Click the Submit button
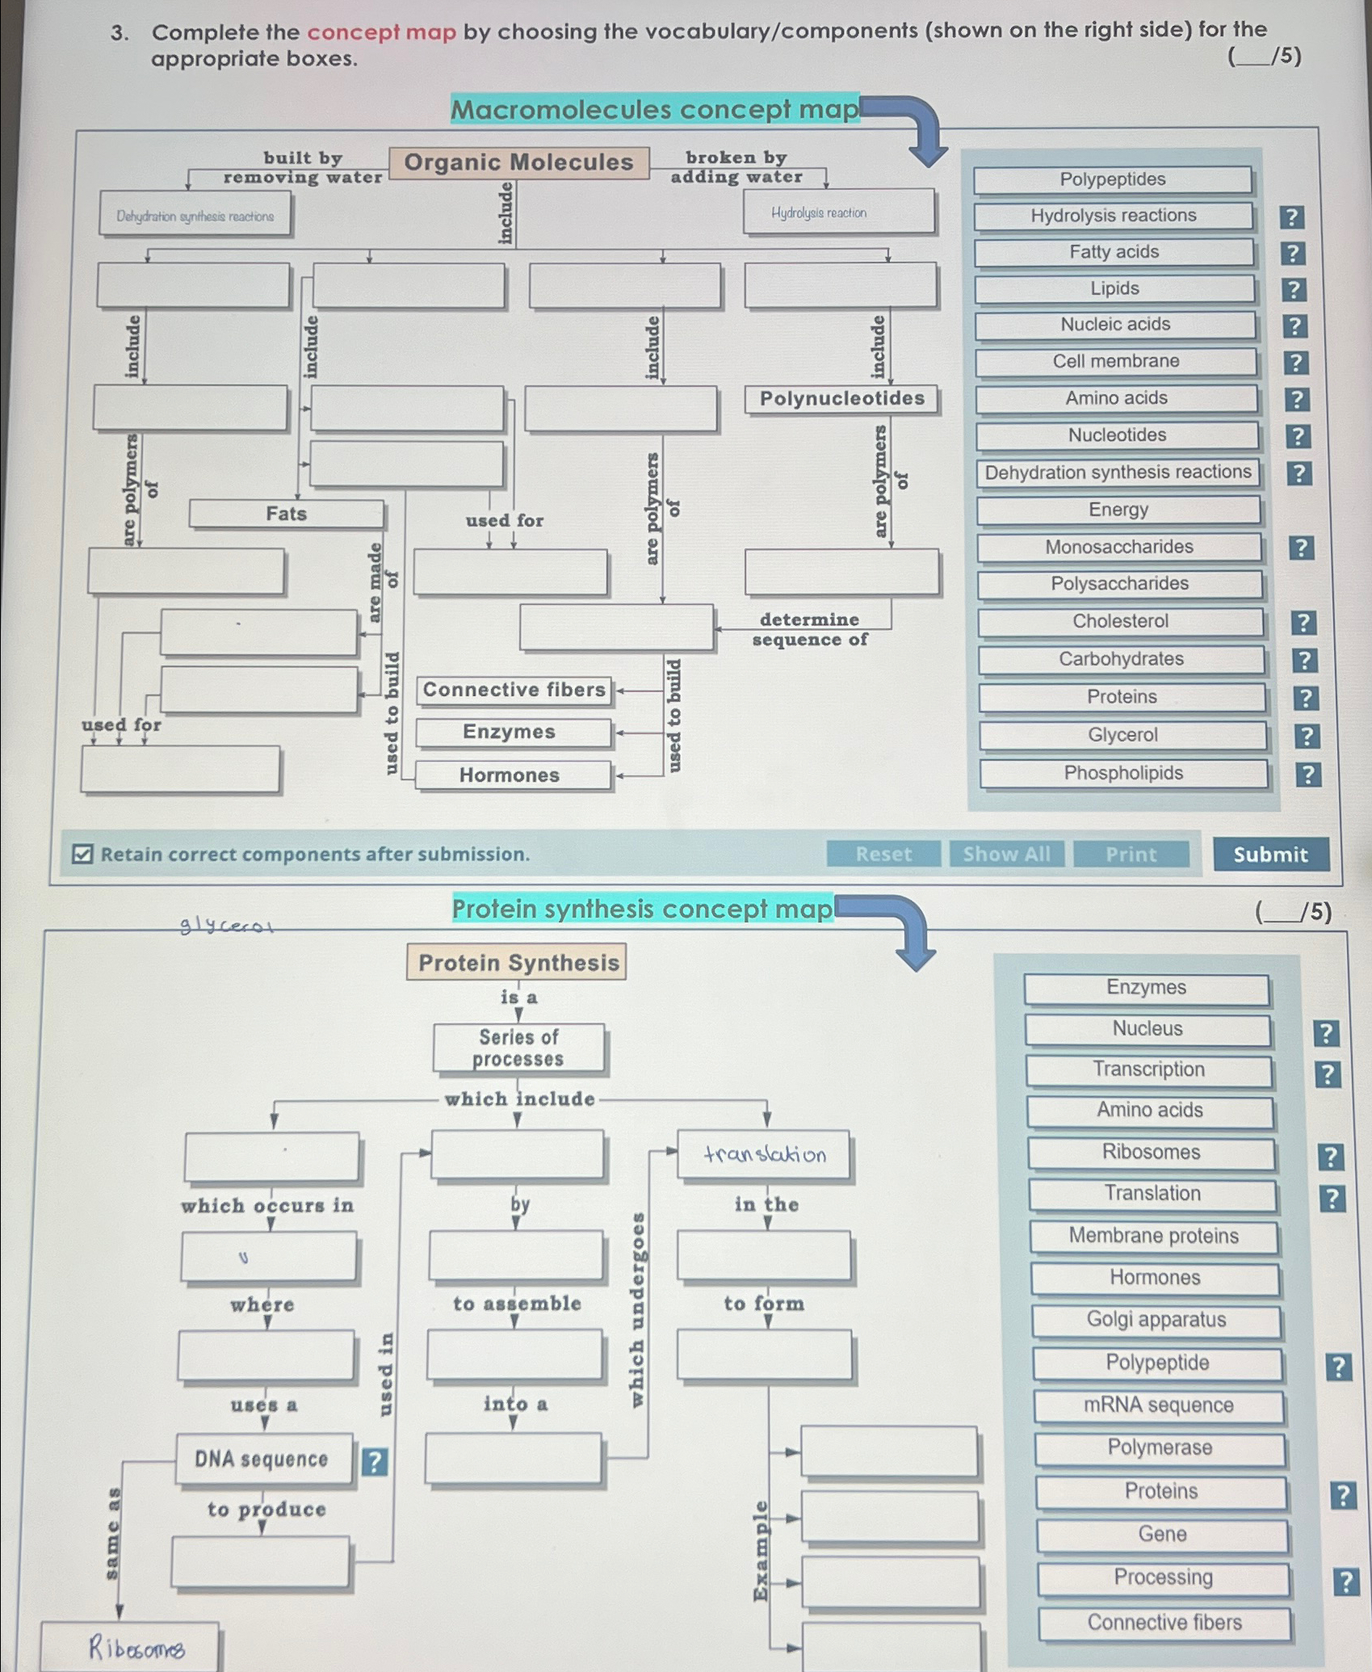[x=1270, y=854]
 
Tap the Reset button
[x=883, y=854]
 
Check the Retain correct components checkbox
[x=82, y=854]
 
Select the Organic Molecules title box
[x=518, y=162]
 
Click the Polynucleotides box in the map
[x=841, y=399]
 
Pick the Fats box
[x=287, y=514]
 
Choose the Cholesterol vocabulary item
[x=1120, y=621]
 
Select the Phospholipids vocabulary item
[x=1123, y=773]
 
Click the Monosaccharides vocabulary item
[x=1118, y=547]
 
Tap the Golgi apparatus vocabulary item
[x=1156, y=1320]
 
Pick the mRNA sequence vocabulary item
[x=1158, y=1405]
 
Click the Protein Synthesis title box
[x=518, y=962]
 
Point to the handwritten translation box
[x=764, y=1154]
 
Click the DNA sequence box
[x=262, y=1459]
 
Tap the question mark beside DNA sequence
[x=374, y=1461]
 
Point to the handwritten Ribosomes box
[x=131, y=1646]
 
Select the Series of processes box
[x=518, y=1048]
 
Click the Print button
[x=1131, y=854]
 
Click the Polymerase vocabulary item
[x=1160, y=1447]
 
